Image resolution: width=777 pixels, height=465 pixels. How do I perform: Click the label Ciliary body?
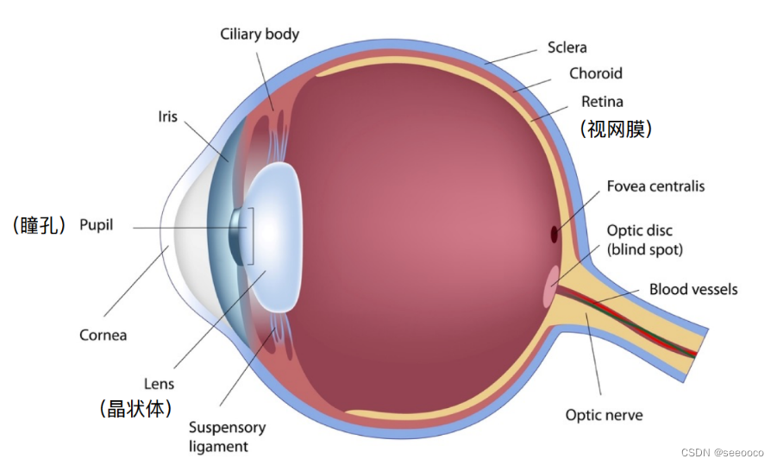[x=260, y=35]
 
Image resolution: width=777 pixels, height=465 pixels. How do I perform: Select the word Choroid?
[x=595, y=73]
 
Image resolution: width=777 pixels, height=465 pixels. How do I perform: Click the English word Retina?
[x=602, y=101]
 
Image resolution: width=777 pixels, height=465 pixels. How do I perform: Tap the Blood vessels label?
[x=693, y=289]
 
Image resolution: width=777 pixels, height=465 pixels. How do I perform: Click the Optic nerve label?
[x=604, y=415]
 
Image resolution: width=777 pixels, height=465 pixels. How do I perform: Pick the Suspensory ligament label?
[x=227, y=437]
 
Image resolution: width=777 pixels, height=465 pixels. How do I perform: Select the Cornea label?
[x=103, y=335]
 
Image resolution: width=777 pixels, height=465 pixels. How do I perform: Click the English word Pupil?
[x=96, y=226]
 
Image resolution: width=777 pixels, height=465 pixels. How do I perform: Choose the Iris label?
[x=167, y=116]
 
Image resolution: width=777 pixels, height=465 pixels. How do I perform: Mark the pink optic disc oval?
[x=550, y=286]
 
